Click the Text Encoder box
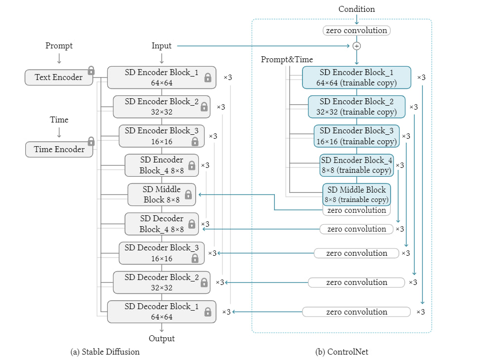click(x=58, y=78)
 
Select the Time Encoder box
click(x=59, y=150)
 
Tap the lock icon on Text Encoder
click(x=91, y=70)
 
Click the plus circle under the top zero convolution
click(x=356, y=46)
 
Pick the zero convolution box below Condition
click(x=356, y=31)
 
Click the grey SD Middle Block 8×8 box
click(x=162, y=195)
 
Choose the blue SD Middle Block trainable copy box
click(x=356, y=195)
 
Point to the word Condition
click(x=356, y=9)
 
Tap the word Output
click(x=162, y=339)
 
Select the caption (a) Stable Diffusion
click(x=105, y=352)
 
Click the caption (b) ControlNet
click(x=342, y=352)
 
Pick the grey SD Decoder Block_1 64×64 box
click(x=162, y=312)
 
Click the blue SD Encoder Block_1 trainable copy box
click(x=356, y=78)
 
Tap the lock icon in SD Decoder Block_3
click(x=195, y=258)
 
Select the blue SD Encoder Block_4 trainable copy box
click(x=356, y=165)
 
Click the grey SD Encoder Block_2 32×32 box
click(x=162, y=107)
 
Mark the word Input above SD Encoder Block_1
click(x=162, y=46)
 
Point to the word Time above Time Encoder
click(x=59, y=120)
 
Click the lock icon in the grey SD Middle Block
click(x=188, y=195)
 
